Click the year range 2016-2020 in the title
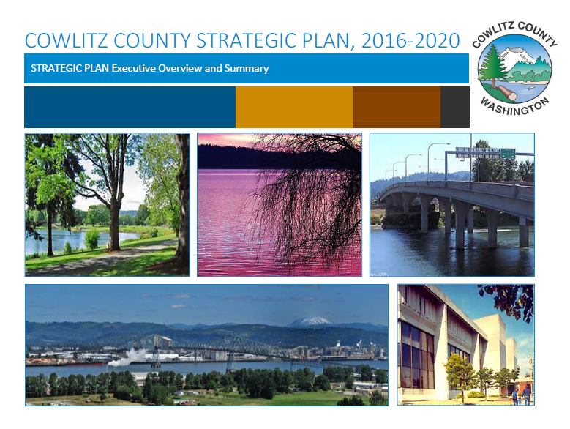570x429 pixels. point(410,40)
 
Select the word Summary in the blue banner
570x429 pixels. point(247,69)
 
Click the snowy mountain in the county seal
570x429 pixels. point(519,56)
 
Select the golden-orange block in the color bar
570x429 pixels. point(294,107)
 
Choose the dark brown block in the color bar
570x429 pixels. point(397,107)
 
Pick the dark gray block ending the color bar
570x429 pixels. point(455,107)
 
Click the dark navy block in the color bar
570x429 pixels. point(130,107)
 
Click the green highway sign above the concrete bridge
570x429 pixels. point(509,153)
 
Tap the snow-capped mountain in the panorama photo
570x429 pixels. point(310,321)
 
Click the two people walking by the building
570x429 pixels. point(522,394)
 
